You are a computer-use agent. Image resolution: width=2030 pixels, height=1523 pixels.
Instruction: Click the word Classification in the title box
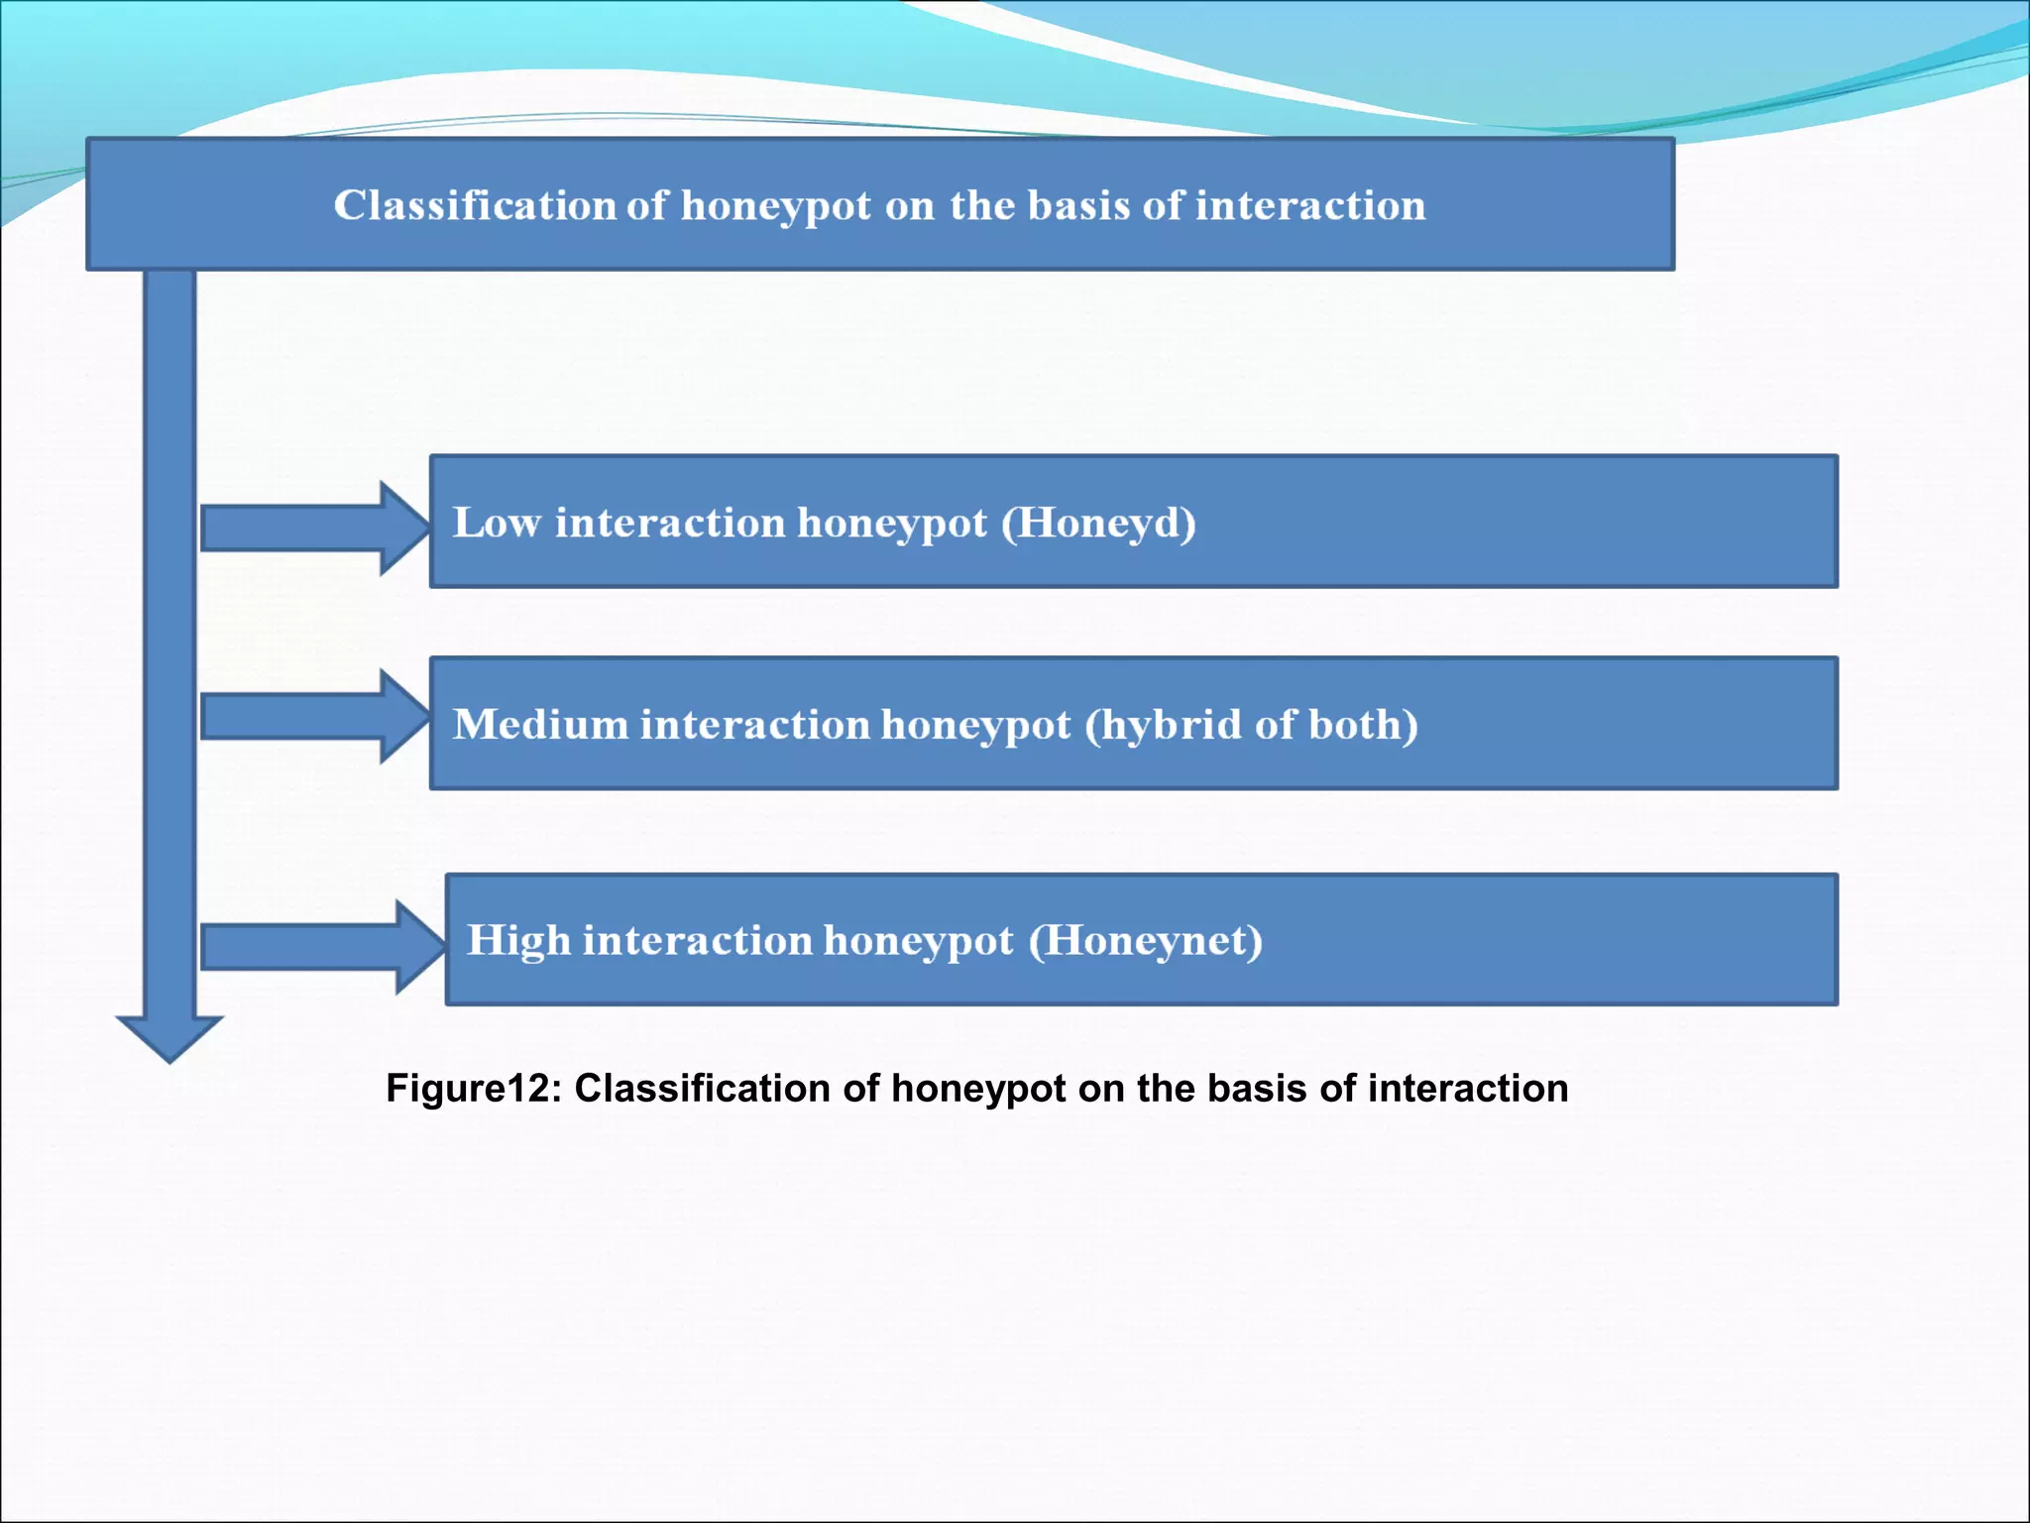(x=475, y=205)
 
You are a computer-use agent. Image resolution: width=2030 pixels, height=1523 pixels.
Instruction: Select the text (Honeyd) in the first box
(x=1098, y=523)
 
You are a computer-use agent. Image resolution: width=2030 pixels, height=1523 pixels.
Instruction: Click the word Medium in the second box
(x=540, y=724)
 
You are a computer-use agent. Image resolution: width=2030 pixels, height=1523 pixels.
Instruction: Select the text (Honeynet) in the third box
(x=1145, y=940)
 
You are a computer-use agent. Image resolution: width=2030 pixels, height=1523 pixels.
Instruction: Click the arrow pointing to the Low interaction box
(x=312, y=527)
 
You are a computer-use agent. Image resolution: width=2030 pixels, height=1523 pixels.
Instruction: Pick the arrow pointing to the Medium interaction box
(x=312, y=716)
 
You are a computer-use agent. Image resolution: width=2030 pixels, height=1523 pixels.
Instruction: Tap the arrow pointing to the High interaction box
(x=319, y=947)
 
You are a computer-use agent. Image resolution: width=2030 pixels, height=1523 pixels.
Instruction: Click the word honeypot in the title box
(x=776, y=205)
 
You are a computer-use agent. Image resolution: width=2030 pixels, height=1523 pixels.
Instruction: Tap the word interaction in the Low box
(x=670, y=523)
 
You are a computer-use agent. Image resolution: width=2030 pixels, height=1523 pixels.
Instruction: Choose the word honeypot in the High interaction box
(x=918, y=940)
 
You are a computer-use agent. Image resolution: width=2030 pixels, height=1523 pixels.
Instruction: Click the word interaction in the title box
(x=1310, y=205)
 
